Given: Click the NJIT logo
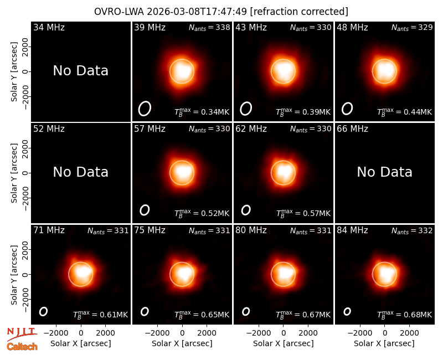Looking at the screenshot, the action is [22, 334].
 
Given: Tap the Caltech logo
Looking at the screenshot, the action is [22, 347].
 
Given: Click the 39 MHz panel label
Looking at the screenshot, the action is [150, 27].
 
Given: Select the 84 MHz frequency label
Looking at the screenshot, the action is [352, 230].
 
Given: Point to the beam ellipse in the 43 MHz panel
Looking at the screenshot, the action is [246, 109].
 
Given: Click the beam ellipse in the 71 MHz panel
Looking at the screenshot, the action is [43, 311].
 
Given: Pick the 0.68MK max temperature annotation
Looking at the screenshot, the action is [405, 314].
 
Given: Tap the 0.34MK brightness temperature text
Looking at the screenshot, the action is [202, 112].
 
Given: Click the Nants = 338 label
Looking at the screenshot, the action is [209, 27].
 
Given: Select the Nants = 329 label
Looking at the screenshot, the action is [412, 27].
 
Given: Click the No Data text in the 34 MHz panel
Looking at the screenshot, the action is [80, 71].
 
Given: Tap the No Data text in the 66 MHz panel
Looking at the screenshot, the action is [384, 172].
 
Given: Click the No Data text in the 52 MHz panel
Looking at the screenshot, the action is [80, 172].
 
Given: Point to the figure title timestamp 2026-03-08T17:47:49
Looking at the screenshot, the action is [197, 12].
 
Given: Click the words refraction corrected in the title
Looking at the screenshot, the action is [299, 12].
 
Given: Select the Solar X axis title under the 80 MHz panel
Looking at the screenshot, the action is [284, 343].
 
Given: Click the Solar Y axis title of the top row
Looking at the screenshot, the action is [14, 72].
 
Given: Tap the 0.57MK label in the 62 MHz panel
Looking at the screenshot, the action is [303, 213].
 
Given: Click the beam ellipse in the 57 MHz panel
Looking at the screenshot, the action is [145, 210].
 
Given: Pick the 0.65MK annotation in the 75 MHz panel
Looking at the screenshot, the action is [202, 314].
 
